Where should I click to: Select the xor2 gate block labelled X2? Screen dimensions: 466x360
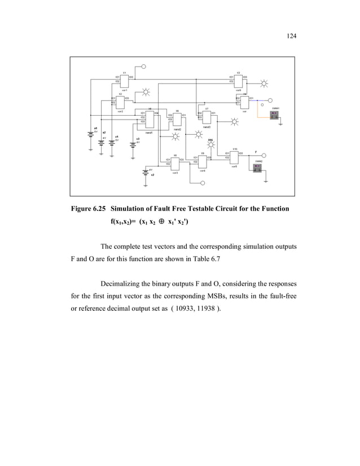120,101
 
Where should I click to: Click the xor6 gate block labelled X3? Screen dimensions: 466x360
239,80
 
